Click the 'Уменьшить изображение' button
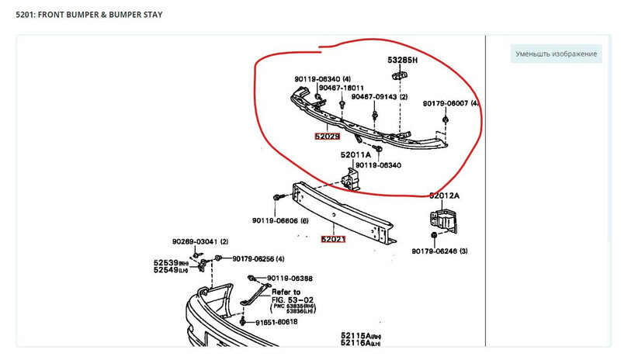[x=557, y=54]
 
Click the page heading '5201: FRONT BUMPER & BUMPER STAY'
[x=89, y=15]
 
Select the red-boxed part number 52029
[x=327, y=136]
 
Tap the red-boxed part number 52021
[x=333, y=239]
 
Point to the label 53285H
[x=403, y=60]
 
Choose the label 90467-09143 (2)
[x=379, y=97]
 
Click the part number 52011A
[x=356, y=154]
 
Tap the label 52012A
[x=445, y=196]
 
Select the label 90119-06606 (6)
[x=280, y=221]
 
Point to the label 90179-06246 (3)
[x=439, y=251]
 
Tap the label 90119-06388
[x=289, y=279]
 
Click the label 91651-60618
[x=277, y=320]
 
